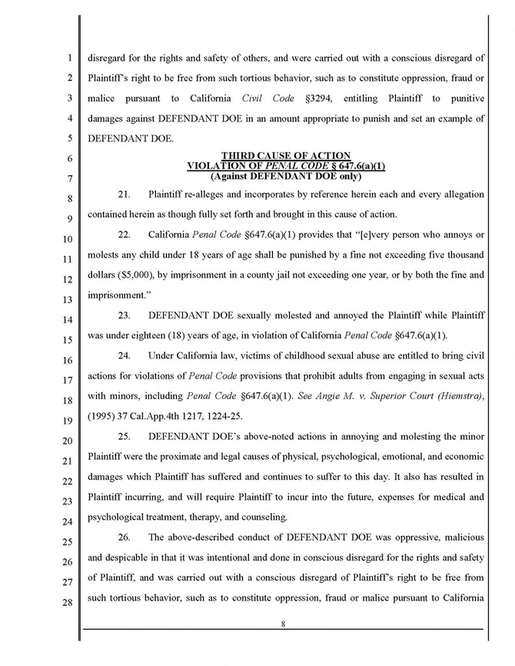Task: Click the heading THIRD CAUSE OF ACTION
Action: (x=285, y=156)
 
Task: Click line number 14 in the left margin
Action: (x=69, y=318)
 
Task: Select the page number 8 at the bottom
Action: (x=284, y=624)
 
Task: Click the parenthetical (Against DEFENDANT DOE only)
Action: (x=285, y=175)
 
